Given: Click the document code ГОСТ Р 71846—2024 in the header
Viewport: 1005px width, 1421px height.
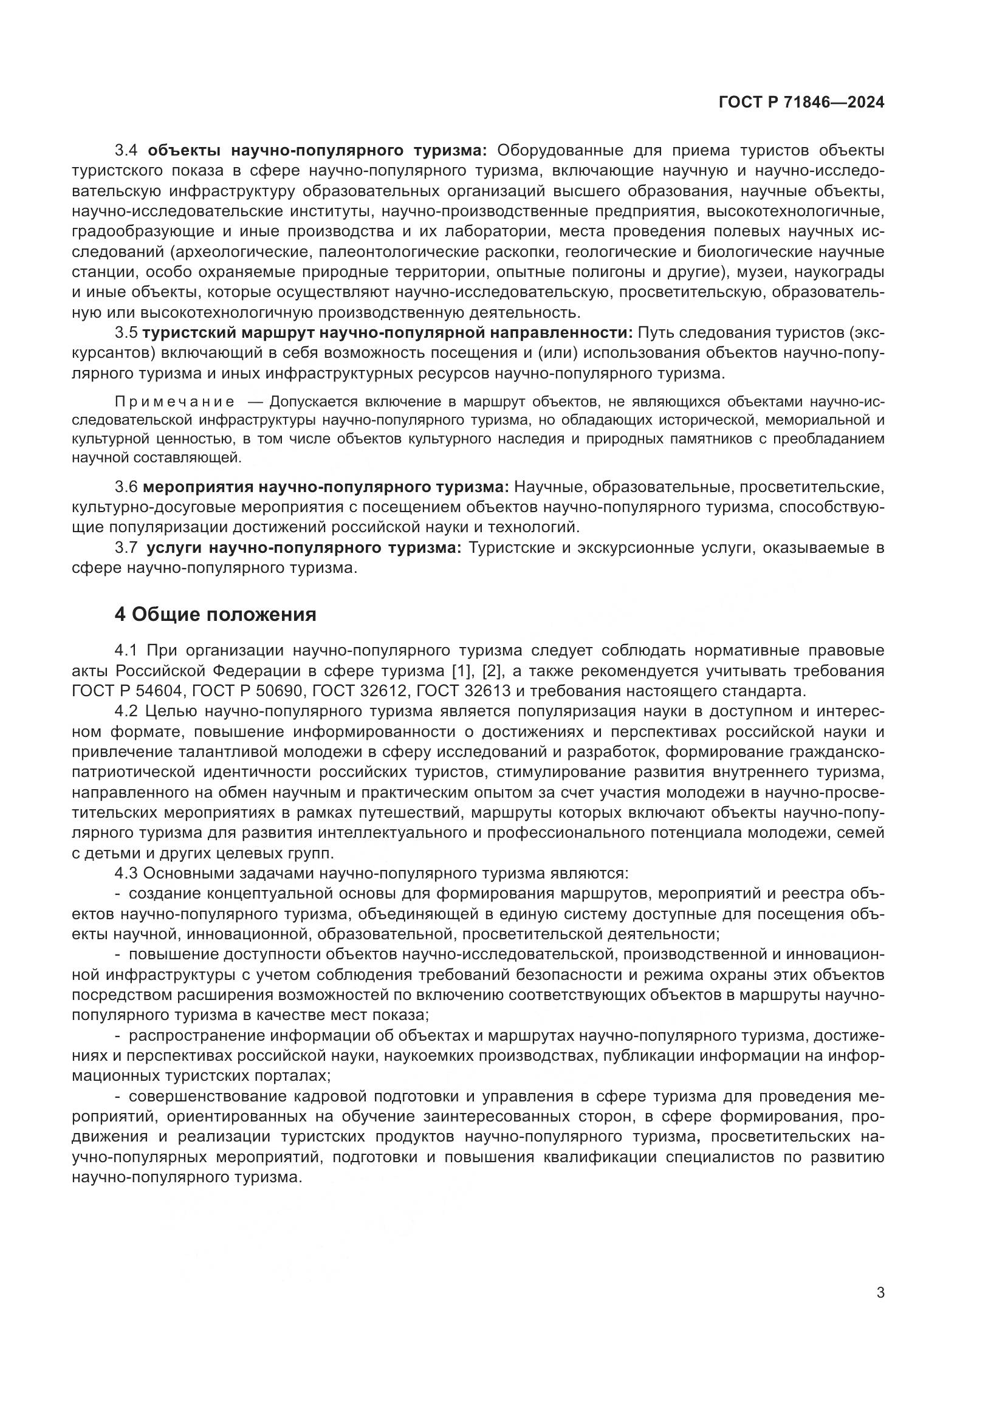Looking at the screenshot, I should coord(801,102).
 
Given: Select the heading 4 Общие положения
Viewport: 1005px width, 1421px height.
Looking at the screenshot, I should coord(215,614).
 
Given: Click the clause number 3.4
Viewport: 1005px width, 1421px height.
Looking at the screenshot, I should coord(129,151).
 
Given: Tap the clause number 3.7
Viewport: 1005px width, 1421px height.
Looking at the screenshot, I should coord(128,548).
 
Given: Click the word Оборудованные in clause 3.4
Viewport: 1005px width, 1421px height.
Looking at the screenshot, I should coord(561,151).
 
